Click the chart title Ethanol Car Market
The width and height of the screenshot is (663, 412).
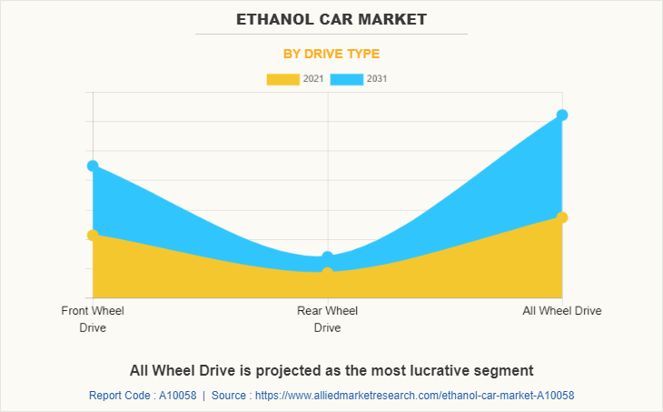pyautogui.click(x=331, y=18)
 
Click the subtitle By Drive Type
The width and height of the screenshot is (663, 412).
pyautogui.click(x=331, y=54)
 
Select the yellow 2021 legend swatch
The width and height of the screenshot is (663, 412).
pyautogui.click(x=282, y=79)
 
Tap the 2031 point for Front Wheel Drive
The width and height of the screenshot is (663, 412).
pyautogui.click(x=93, y=166)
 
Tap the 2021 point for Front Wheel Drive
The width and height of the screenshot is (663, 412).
pyautogui.click(x=93, y=236)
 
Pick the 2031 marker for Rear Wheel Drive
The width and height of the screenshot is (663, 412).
pyautogui.click(x=328, y=257)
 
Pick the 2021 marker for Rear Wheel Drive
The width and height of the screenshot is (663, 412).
pyautogui.click(x=328, y=272)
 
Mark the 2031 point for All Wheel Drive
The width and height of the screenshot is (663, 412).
pyautogui.click(x=562, y=115)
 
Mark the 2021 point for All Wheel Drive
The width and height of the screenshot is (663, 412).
pyautogui.click(x=562, y=217)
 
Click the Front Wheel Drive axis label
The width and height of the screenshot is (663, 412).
pyautogui.click(x=93, y=319)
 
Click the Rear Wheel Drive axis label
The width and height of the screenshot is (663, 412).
pyautogui.click(x=328, y=319)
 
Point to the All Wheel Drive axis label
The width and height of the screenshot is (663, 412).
pyautogui.click(x=562, y=311)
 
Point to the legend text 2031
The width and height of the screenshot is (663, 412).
pyautogui.click(x=377, y=79)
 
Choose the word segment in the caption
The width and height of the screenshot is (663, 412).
pyautogui.click(x=505, y=370)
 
